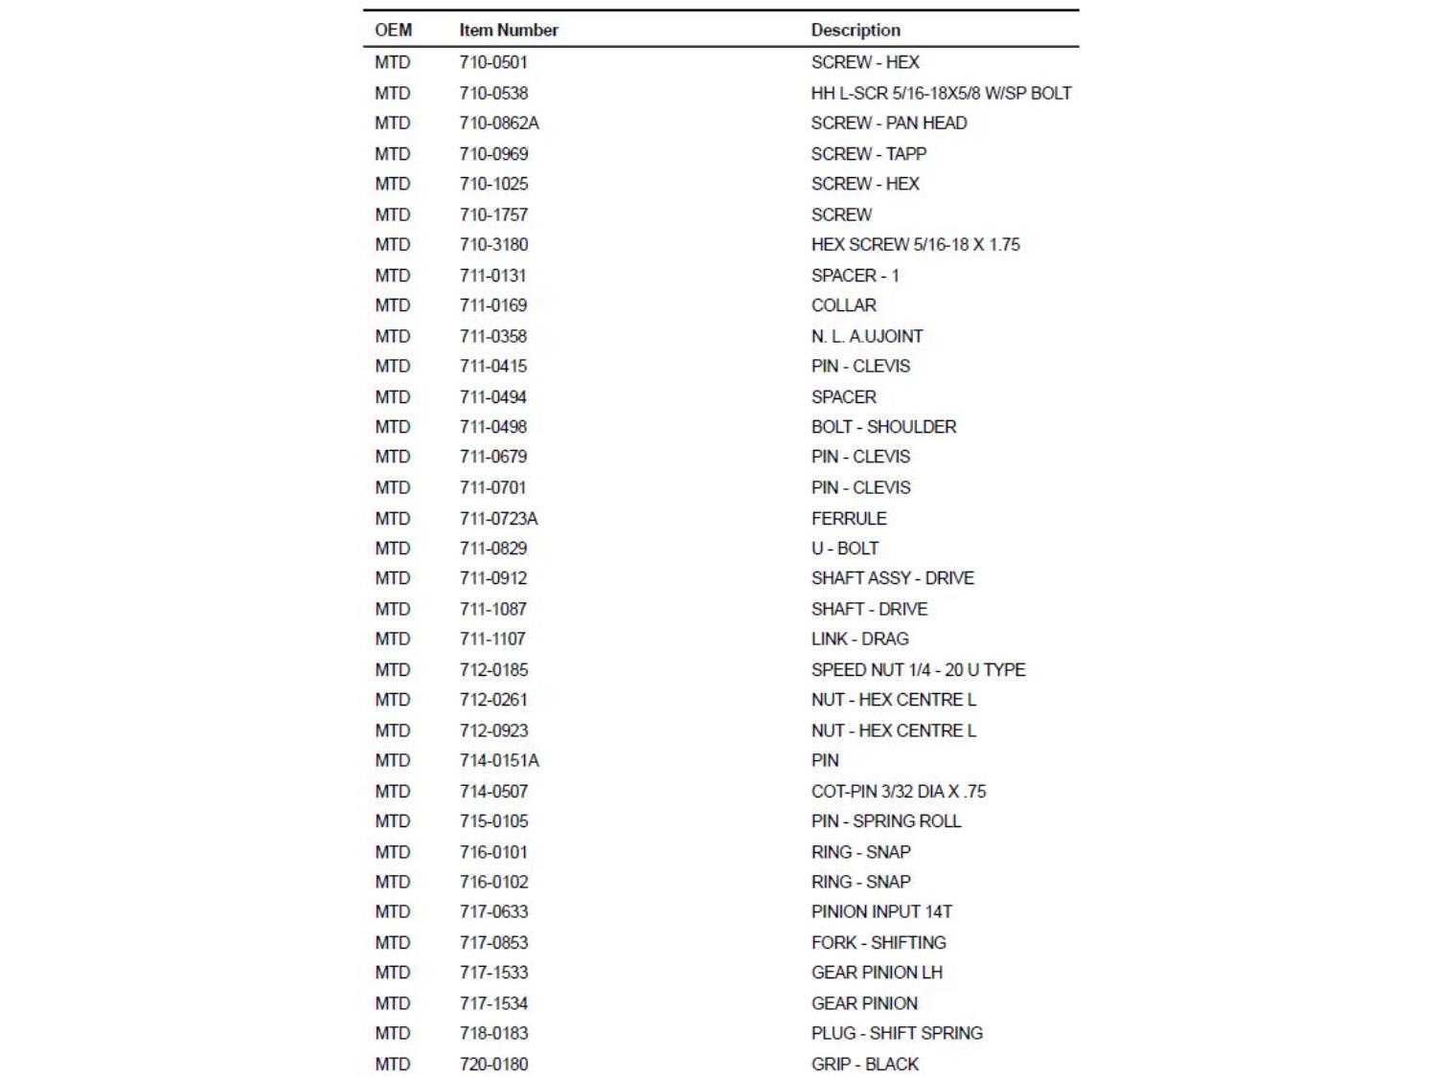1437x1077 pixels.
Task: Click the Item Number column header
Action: pyautogui.click(x=508, y=30)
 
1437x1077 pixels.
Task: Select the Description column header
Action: pyautogui.click(x=855, y=30)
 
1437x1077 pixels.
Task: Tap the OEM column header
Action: pyautogui.click(x=393, y=30)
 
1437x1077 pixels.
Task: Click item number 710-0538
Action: pyautogui.click(x=493, y=93)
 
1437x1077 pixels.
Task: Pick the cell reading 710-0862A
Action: pyautogui.click(x=499, y=123)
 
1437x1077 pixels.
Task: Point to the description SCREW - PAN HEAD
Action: pyautogui.click(x=888, y=123)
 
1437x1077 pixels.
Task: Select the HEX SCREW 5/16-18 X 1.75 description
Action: pyautogui.click(x=915, y=244)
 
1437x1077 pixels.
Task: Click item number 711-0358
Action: pyautogui.click(x=492, y=336)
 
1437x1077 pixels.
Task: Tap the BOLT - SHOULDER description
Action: pyautogui.click(x=883, y=426)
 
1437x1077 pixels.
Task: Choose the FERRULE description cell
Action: pyautogui.click(x=849, y=518)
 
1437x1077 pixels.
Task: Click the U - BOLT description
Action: pyautogui.click(x=844, y=548)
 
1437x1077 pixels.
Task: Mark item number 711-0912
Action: pyautogui.click(x=492, y=577)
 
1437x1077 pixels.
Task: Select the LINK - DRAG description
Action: pyautogui.click(x=859, y=639)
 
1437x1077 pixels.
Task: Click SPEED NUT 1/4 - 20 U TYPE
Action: pyautogui.click(x=918, y=669)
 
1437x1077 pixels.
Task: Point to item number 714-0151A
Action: pyautogui.click(x=499, y=760)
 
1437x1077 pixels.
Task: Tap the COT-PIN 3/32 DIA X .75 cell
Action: pyautogui.click(x=898, y=791)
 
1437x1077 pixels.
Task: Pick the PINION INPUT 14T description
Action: pyautogui.click(x=881, y=911)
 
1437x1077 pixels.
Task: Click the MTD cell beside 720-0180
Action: pyautogui.click(x=392, y=1064)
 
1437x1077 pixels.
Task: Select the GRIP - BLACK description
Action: pyautogui.click(x=864, y=1064)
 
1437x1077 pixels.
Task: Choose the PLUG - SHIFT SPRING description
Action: pyautogui.click(x=897, y=1033)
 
